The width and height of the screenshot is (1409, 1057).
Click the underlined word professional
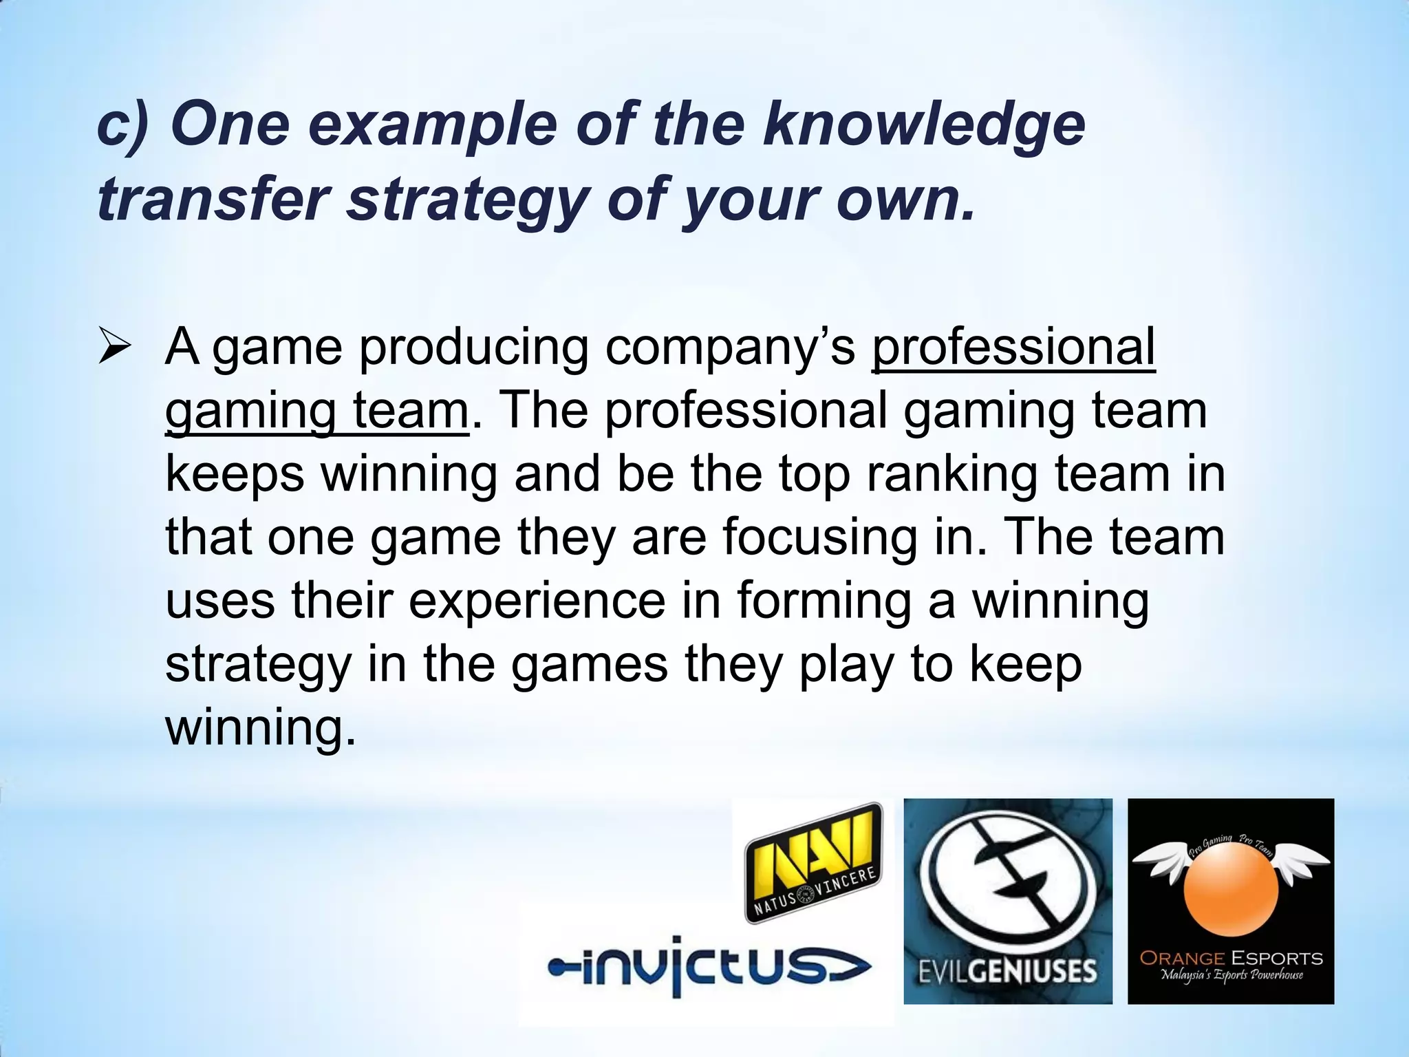point(1013,346)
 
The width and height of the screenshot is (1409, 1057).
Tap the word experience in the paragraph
point(537,601)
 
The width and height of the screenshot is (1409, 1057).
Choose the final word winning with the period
point(261,727)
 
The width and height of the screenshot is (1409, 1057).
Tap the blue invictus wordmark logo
point(709,967)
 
